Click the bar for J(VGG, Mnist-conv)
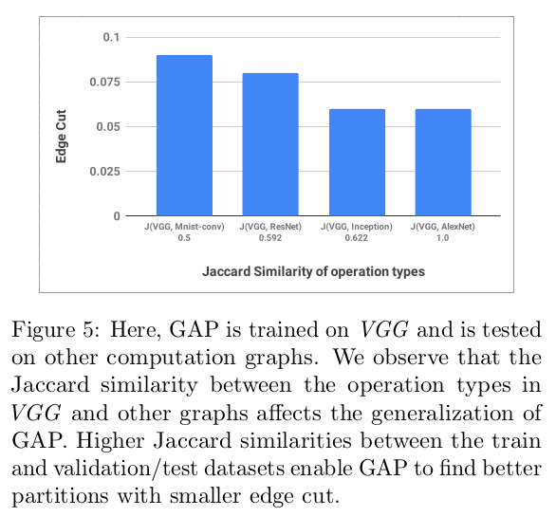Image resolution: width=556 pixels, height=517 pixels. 184,136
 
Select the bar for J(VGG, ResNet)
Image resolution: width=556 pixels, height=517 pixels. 270,144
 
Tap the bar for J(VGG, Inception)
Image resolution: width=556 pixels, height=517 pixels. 357,162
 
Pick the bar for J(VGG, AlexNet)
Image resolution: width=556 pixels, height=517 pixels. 443,162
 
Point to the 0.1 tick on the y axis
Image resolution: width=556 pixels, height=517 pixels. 112,37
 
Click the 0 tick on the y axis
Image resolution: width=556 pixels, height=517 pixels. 118,216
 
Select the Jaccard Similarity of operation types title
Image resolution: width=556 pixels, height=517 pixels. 313,271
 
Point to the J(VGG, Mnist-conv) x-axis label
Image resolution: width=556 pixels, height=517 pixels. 184,230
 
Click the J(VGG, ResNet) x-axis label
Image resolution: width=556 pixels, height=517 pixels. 270,230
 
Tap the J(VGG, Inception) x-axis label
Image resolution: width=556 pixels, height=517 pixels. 357,230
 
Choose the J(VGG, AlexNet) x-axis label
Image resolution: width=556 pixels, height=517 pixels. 443,230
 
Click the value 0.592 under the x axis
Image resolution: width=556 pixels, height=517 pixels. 270,241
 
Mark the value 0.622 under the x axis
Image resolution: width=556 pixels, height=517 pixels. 357,241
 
